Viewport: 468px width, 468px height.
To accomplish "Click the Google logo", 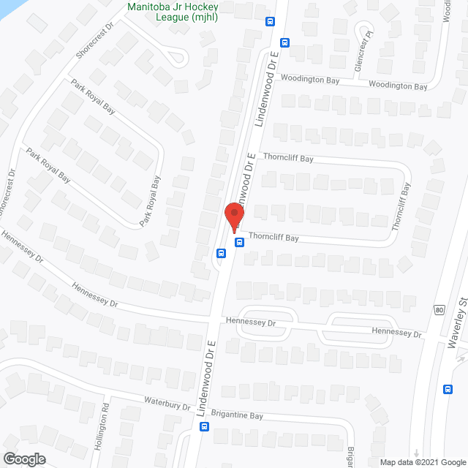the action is coord(23,458).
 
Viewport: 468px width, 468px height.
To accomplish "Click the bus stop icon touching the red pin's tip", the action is coord(238,242).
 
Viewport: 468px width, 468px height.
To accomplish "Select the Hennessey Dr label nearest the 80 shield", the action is coord(397,332).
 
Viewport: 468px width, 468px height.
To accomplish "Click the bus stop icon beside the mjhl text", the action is coord(271,22).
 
